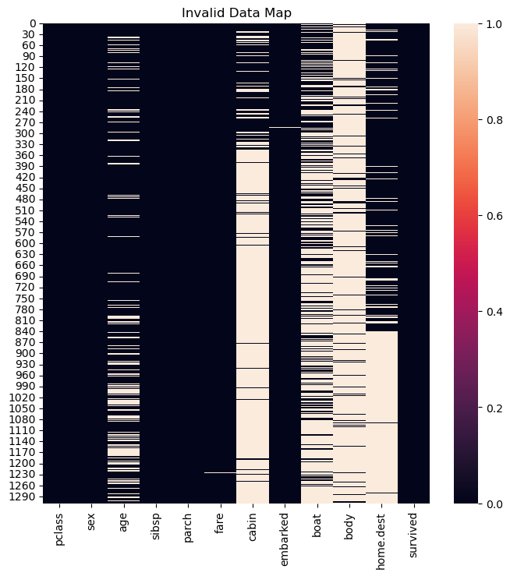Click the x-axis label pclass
pyautogui.click(x=60, y=528)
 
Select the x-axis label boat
pyautogui.click(x=316, y=524)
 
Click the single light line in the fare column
pyautogui.click(x=220, y=472)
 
